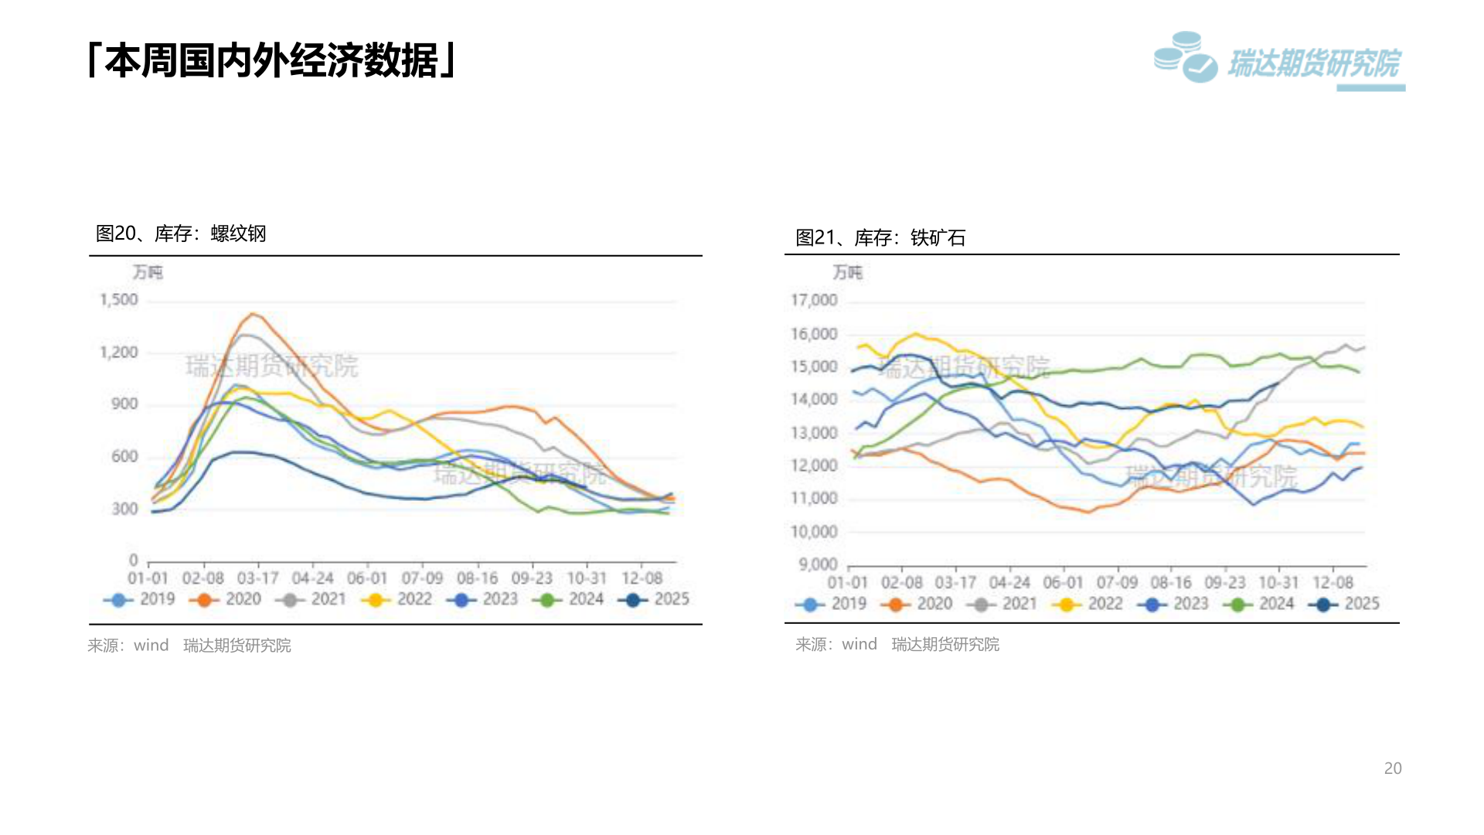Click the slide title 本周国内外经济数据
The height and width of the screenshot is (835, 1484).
pos(272,61)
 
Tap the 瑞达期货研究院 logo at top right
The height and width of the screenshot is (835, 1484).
pos(1279,60)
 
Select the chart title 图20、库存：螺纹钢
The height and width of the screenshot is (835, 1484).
pos(181,233)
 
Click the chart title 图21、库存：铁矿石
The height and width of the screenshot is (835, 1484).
pos(880,237)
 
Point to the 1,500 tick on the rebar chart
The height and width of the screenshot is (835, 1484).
pos(119,300)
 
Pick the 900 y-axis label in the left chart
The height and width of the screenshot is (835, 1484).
pos(124,404)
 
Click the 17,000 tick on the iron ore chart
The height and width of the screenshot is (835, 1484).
pos(813,300)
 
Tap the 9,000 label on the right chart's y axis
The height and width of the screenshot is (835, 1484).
pos(818,564)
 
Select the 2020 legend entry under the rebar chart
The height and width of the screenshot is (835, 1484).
pos(226,599)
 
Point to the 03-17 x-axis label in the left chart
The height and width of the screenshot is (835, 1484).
pos(257,578)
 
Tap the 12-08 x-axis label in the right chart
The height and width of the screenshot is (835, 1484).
pos(1333,582)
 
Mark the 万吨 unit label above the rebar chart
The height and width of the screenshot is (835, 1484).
pos(148,272)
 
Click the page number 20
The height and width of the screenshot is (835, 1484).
pos(1392,769)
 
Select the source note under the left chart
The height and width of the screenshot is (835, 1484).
pos(189,646)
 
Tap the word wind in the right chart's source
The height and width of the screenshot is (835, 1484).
pos(859,644)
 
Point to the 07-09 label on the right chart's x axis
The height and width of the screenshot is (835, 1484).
pos(1117,582)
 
